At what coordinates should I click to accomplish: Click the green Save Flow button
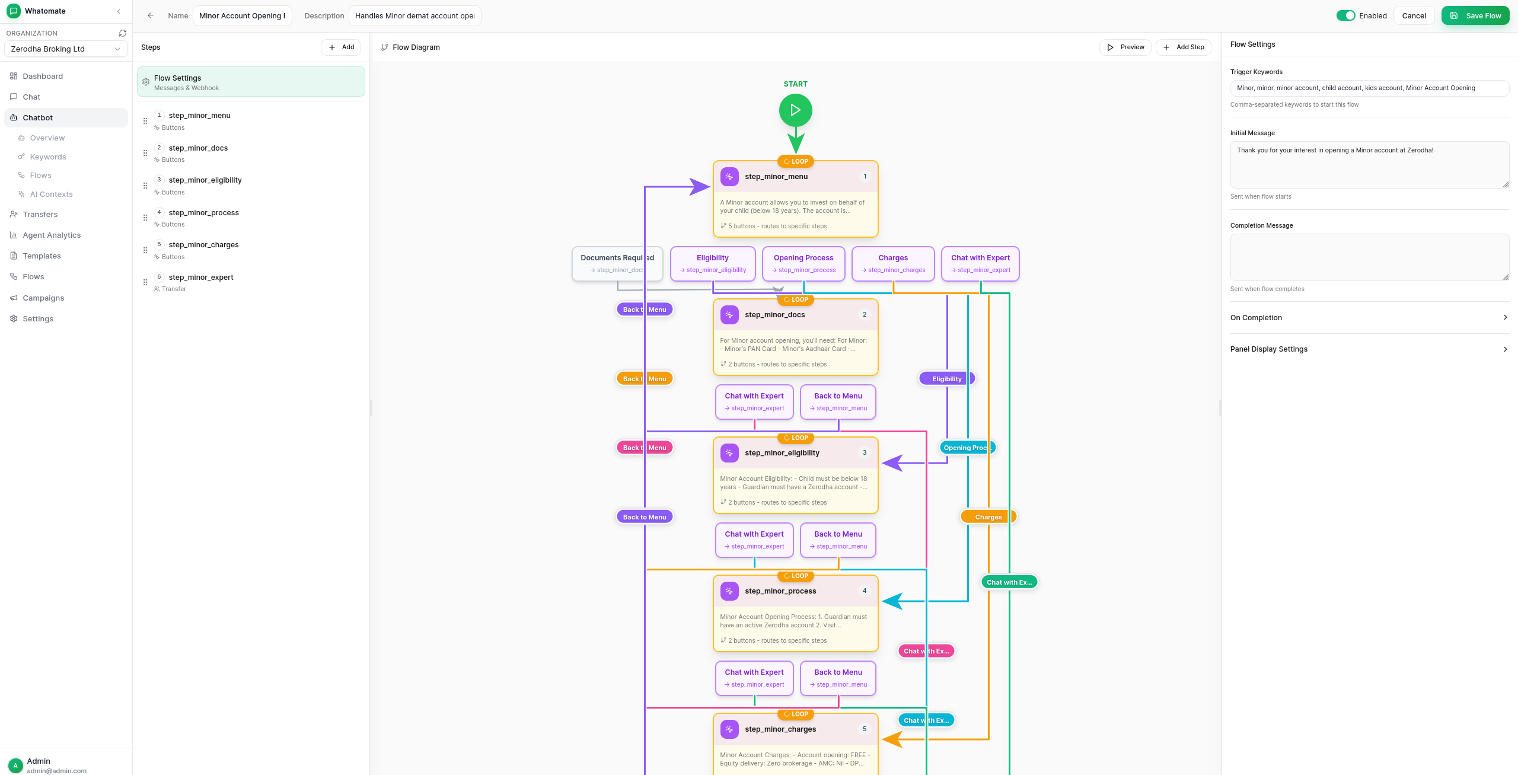tap(1475, 15)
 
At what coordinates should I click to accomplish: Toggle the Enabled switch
tap(1345, 15)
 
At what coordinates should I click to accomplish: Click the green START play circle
tap(795, 110)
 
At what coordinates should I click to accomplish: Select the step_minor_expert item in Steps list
tap(200, 278)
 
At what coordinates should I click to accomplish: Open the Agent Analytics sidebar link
tap(52, 235)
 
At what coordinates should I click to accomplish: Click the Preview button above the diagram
tap(1125, 47)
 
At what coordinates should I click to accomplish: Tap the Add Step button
tap(1183, 47)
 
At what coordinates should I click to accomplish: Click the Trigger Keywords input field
tap(1369, 88)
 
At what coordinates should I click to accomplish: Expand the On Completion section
tap(1369, 318)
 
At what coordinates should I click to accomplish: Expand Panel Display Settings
tap(1369, 349)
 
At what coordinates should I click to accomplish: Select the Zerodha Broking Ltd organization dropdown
tap(66, 49)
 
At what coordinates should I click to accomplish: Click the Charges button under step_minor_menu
tap(893, 263)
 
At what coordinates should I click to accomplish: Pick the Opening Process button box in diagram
tap(803, 263)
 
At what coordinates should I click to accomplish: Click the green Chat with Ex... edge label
tap(1009, 582)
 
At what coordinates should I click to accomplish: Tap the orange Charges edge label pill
tap(988, 517)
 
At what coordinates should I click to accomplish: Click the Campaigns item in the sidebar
tap(43, 298)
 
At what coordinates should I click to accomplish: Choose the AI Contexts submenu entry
tap(51, 194)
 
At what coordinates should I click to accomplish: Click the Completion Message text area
tap(1369, 257)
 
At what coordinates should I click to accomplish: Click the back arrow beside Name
tap(151, 16)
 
